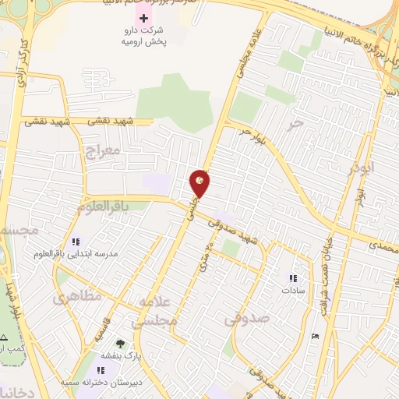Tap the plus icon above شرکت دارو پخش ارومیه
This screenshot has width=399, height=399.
point(143,17)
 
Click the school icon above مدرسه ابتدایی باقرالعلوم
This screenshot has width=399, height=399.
point(76,242)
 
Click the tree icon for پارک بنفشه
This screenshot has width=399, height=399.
point(120,344)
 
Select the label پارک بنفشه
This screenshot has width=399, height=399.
point(122,355)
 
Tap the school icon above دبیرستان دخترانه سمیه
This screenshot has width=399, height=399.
point(101,370)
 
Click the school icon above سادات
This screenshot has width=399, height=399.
point(293,277)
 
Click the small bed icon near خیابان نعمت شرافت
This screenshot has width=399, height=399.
point(314,336)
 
